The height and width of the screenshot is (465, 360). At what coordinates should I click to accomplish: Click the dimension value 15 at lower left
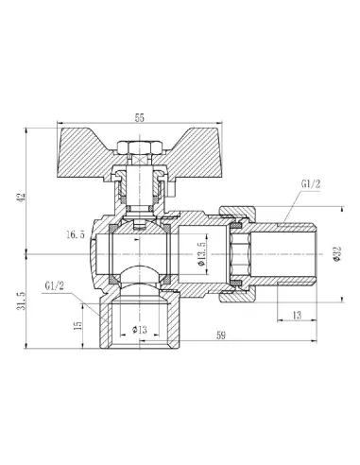coord(77,324)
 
